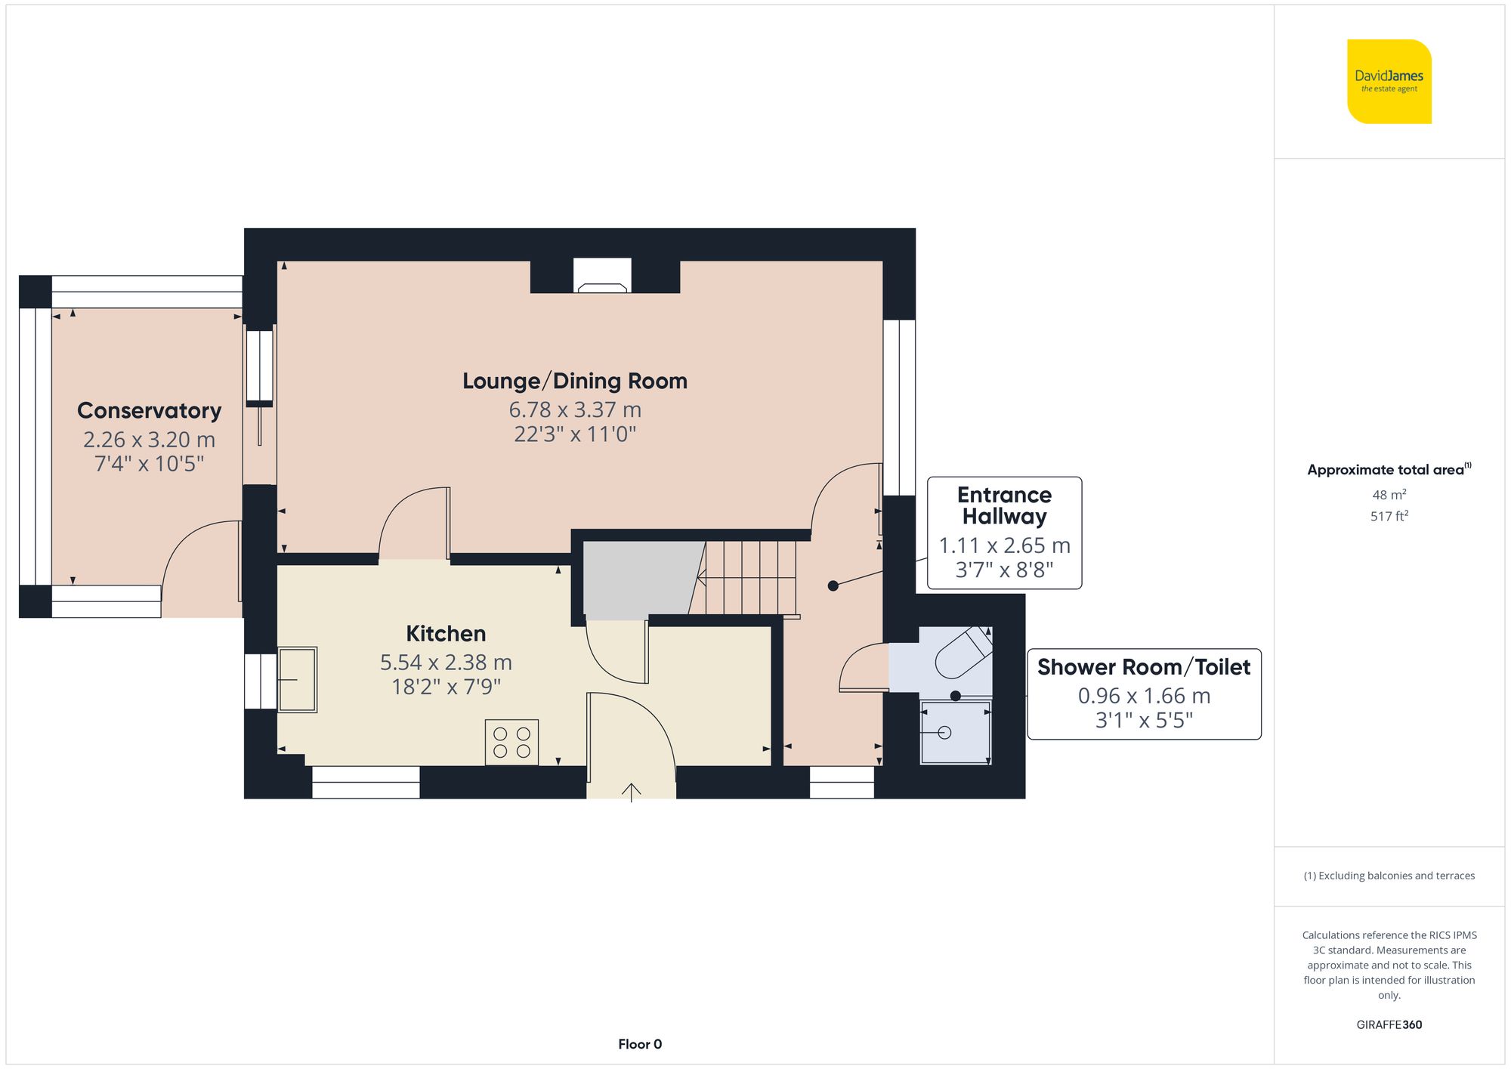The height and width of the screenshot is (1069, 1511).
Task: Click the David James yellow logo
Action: point(1389,82)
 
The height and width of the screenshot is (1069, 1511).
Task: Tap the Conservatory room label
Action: point(150,410)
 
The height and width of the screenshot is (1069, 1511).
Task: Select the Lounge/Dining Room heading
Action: point(574,381)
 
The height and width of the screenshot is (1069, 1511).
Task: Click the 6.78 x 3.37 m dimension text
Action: point(574,409)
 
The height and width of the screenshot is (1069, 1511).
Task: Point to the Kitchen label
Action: point(446,633)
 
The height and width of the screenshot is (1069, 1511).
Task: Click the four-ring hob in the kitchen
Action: point(511,742)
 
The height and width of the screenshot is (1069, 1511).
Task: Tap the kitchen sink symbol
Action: point(298,679)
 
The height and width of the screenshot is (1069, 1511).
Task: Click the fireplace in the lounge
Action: point(602,277)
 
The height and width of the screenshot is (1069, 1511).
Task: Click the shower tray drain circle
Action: point(944,732)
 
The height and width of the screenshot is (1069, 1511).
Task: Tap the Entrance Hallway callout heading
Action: point(1004,505)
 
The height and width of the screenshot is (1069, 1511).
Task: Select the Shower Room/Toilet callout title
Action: point(1143,667)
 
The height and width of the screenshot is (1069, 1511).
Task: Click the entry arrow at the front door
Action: point(632,792)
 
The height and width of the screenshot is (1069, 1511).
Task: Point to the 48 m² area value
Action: point(1389,495)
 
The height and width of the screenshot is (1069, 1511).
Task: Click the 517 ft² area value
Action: point(1389,516)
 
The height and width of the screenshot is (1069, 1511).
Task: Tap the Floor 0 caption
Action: point(639,1044)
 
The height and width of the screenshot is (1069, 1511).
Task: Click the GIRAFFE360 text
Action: point(1389,1024)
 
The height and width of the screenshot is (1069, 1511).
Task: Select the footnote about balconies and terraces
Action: point(1389,876)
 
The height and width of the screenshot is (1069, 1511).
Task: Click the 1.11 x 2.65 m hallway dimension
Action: point(1004,545)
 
